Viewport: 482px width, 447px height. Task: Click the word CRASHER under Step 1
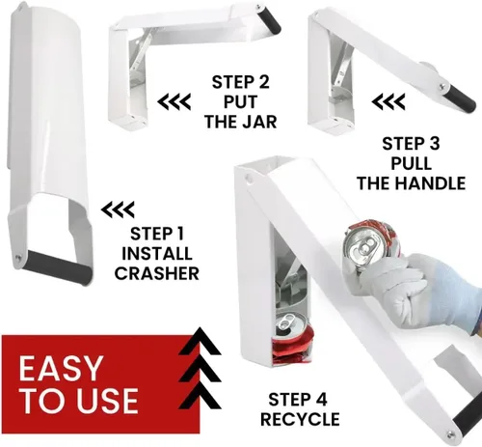(x=157, y=273)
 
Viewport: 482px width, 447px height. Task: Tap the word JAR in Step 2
(x=258, y=122)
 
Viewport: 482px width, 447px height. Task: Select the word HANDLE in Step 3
(x=430, y=183)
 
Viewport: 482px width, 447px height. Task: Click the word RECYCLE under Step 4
(x=300, y=419)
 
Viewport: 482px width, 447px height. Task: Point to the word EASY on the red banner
(x=60, y=369)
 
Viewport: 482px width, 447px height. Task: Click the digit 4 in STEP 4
(x=321, y=400)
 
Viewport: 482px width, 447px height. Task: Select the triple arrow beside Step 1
(x=118, y=210)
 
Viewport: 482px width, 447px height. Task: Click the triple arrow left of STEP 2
(x=174, y=102)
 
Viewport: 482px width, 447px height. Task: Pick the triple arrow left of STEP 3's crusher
(x=388, y=102)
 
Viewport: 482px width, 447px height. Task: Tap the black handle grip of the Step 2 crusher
(x=269, y=20)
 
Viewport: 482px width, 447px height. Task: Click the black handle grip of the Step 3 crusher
(x=460, y=98)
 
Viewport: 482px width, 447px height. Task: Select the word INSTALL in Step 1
(x=157, y=254)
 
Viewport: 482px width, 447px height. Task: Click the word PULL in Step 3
(x=411, y=163)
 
